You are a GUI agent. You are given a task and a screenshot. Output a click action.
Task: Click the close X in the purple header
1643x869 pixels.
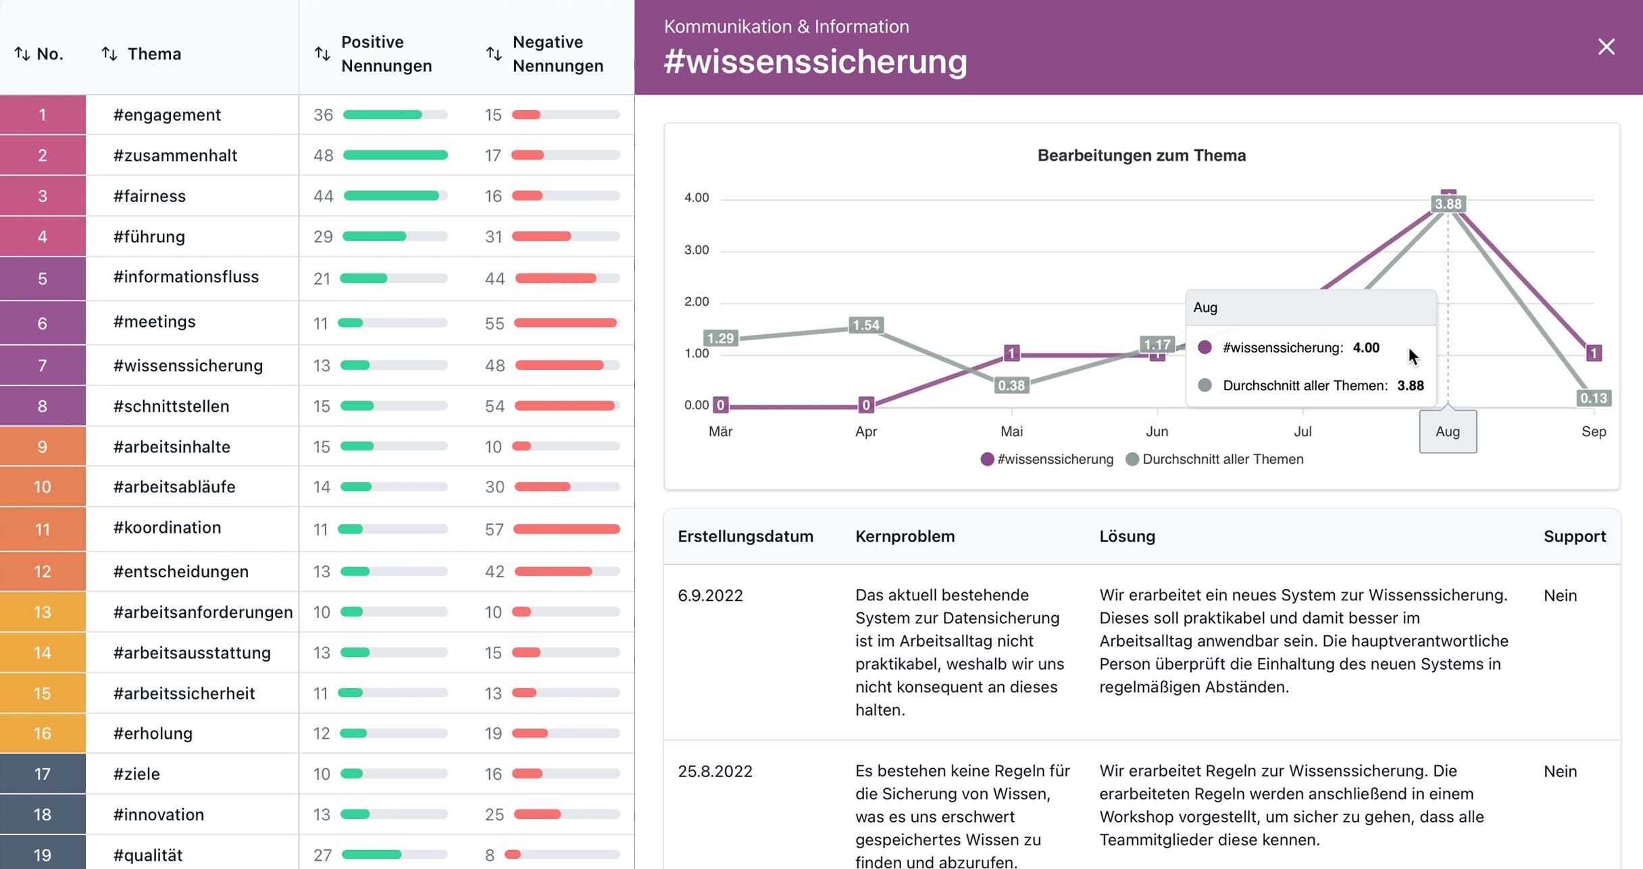[1606, 47]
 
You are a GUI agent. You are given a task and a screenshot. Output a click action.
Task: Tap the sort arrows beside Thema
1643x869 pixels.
[109, 53]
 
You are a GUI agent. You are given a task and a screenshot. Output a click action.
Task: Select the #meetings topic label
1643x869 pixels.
[154, 321]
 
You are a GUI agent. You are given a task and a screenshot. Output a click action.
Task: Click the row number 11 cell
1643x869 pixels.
[43, 529]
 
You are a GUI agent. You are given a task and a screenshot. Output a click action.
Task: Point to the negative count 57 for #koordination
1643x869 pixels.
[494, 529]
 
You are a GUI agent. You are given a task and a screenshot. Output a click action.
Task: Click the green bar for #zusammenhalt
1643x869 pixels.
[395, 155]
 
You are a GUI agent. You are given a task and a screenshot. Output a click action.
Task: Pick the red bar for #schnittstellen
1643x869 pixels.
[565, 406]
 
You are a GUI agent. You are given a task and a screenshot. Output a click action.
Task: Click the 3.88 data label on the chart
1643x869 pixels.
[1448, 204]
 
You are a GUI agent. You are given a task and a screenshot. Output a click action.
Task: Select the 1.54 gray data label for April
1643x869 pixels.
[865, 325]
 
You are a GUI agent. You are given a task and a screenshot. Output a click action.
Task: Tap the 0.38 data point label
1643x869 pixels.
[1011, 386]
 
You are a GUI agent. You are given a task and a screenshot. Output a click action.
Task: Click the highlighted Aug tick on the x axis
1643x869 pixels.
[1448, 431]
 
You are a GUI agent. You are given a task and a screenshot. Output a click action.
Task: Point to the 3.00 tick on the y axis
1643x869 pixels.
[697, 250]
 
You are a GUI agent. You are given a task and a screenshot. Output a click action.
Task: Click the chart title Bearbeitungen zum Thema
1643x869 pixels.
[1141, 155]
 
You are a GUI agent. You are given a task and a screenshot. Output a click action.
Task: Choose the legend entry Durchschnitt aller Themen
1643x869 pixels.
[1222, 459]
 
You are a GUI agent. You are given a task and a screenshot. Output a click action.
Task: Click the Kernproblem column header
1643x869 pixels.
[905, 536]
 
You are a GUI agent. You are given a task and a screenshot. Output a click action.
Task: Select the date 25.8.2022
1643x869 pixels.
[715, 771]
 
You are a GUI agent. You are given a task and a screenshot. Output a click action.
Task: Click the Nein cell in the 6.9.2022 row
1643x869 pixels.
[1560, 596]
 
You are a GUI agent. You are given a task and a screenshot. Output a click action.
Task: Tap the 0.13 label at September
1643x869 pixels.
[1593, 398]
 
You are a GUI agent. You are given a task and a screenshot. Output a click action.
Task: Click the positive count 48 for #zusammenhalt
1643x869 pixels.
[323, 155]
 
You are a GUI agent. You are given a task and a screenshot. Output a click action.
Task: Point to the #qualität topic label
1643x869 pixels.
[148, 855]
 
